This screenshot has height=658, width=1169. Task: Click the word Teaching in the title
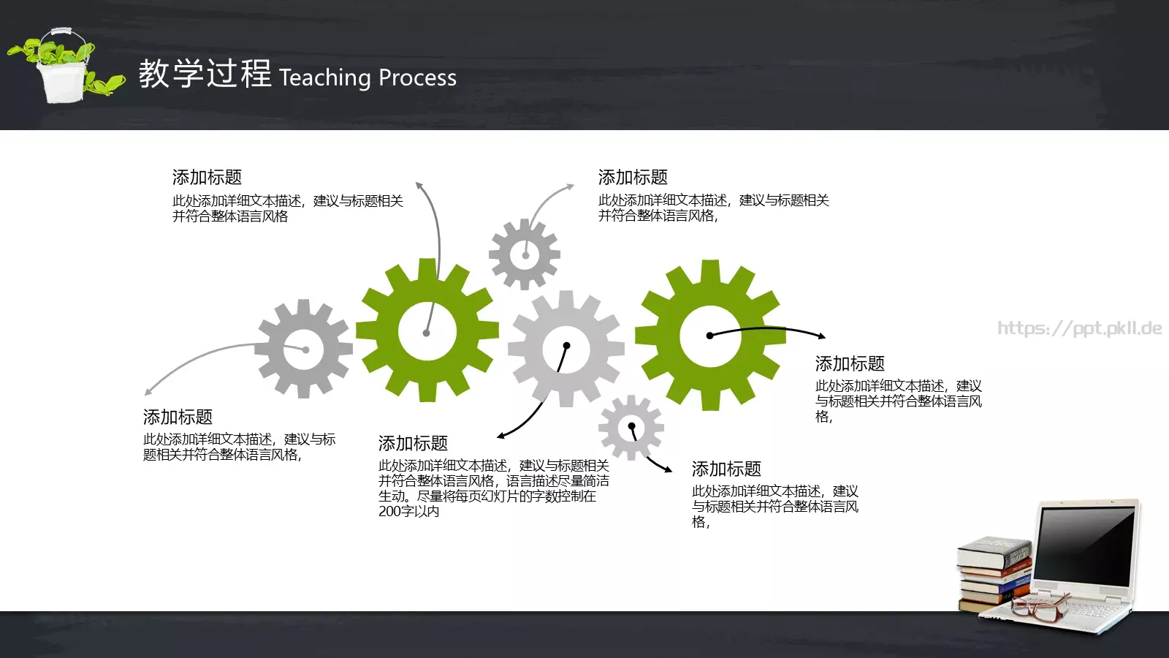pos(325,77)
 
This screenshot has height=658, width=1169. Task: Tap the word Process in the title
pos(418,77)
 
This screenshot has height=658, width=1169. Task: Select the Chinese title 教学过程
pos(205,74)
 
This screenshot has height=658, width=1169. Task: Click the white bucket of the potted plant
pos(64,80)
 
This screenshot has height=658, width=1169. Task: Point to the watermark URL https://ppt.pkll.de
pos(1080,328)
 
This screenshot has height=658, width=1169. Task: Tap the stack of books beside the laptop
pos(994,574)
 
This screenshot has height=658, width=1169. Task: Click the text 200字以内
pos(408,512)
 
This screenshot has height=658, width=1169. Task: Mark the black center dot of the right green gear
pos(709,336)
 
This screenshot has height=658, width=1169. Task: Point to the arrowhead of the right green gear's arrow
pos(823,336)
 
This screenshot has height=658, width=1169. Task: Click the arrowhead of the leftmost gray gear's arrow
pos(148,393)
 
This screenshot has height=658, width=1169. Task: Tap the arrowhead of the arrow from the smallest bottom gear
pos(669,470)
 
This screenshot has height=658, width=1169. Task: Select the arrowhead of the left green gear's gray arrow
pos(419,184)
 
